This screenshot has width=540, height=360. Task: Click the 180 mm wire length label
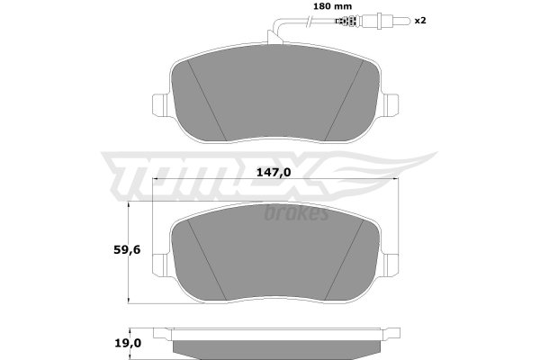332,6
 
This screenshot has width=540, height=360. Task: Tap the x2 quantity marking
420,21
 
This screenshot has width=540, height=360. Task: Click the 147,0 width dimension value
274,172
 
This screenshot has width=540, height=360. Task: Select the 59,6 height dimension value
127,250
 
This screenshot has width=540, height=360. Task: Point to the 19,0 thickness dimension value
127,343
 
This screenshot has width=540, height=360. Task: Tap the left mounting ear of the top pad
160,104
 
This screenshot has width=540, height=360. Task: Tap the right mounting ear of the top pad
391,104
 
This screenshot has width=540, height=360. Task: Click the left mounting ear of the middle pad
160,265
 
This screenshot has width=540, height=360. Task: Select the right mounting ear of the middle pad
391,265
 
